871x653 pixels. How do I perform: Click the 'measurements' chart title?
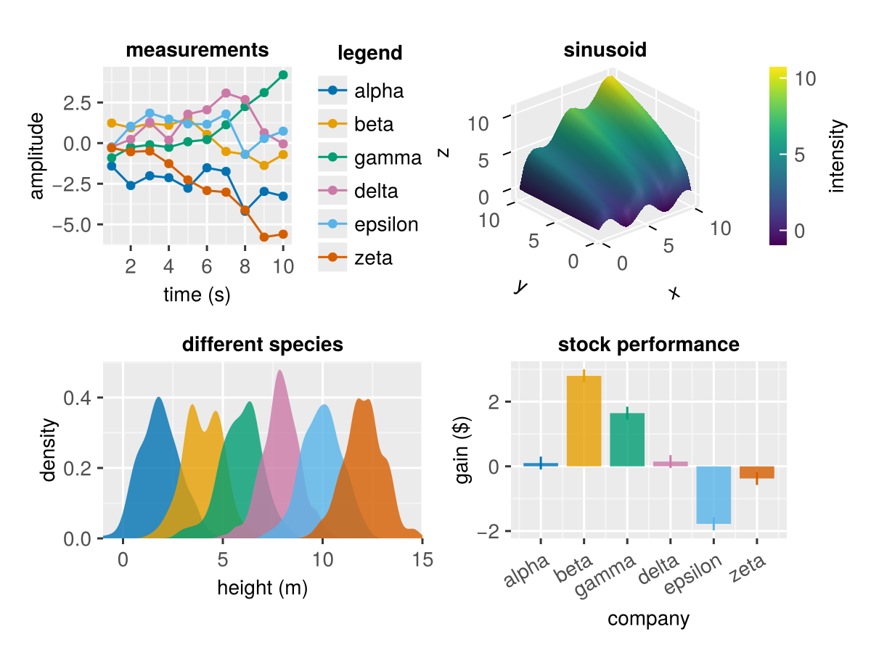(197, 51)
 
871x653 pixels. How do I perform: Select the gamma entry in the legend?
(388, 158)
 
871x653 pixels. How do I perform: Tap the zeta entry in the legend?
(373, 257)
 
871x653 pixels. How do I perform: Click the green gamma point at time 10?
(283, 75)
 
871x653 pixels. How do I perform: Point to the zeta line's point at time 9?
(264, 237)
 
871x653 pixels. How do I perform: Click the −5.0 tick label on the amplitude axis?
(71, 224)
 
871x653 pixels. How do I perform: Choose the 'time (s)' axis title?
(197, 295)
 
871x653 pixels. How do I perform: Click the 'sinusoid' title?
(605, 51)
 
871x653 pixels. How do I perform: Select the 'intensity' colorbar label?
(838, 156)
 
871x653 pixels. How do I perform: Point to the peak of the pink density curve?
(280, 372)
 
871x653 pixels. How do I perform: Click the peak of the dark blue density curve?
(158, 399)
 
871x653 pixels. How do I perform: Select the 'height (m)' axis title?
(262, 588)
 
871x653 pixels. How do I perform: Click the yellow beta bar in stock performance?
(584, 421)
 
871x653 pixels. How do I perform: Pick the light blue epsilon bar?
(713, 495)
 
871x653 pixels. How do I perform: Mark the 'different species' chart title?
(262, 345)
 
